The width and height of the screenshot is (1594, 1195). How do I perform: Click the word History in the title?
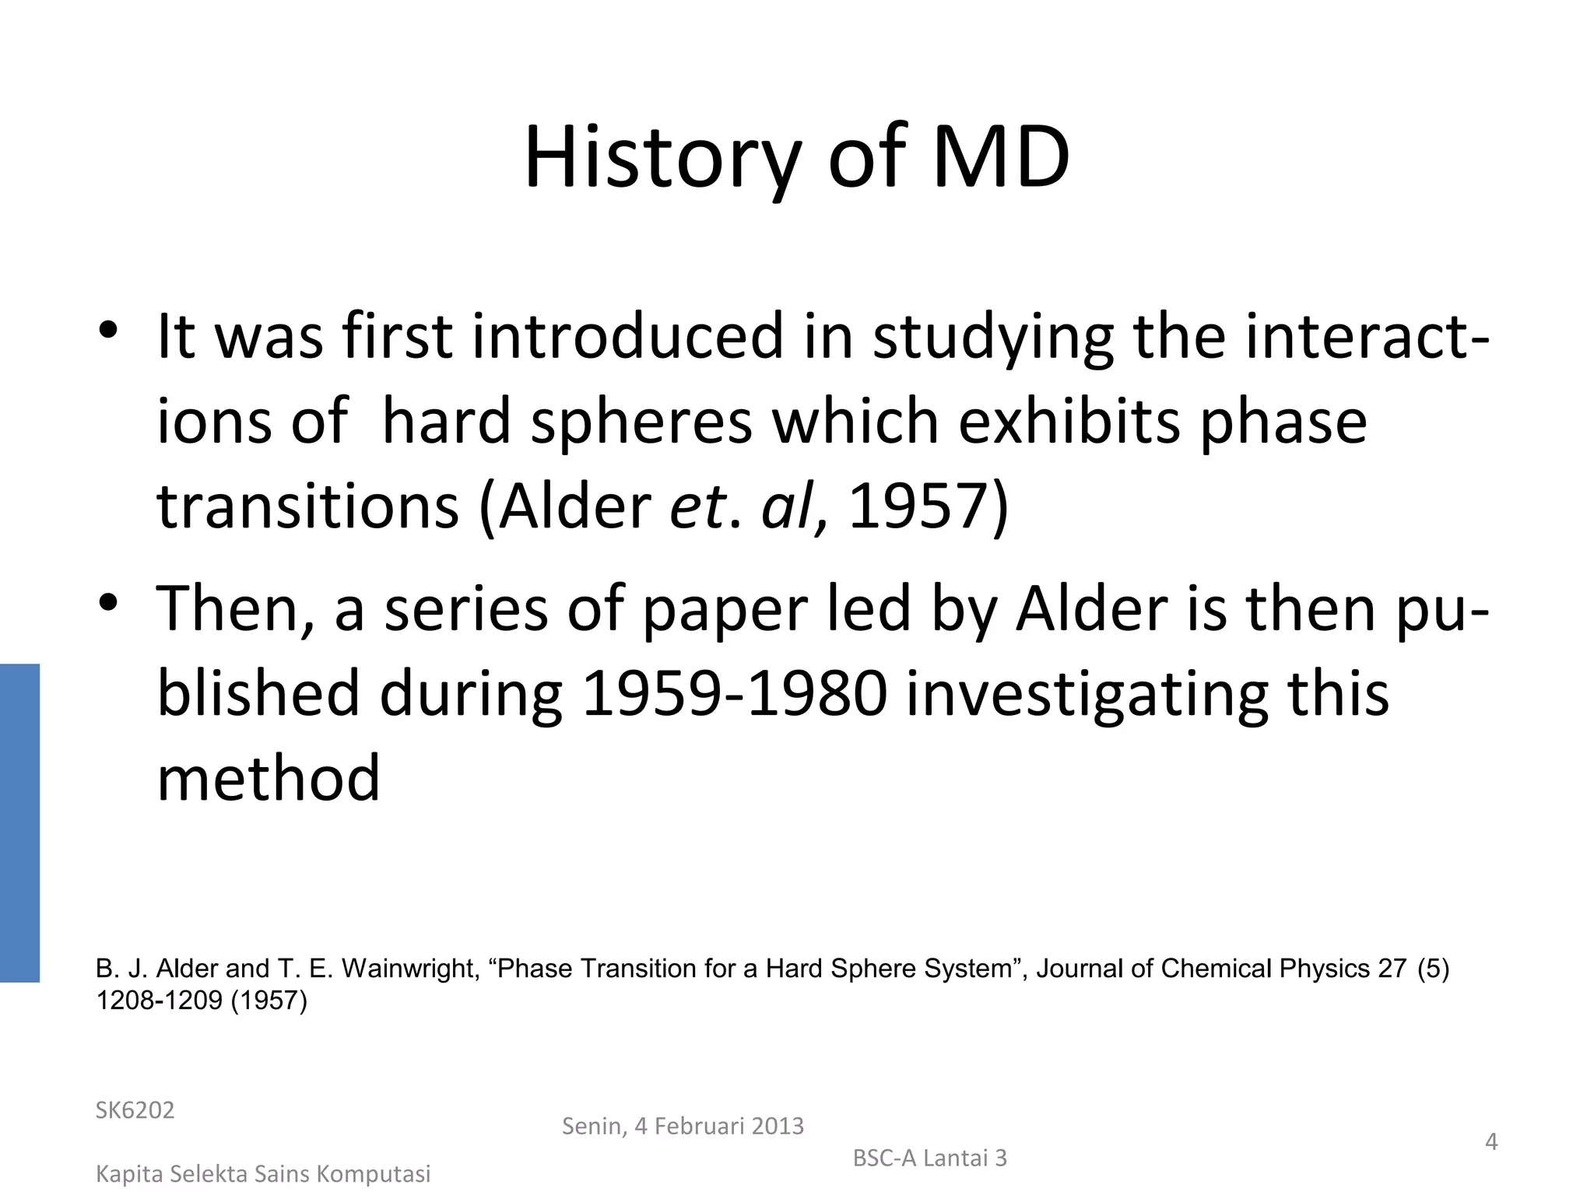[x=662, y=159]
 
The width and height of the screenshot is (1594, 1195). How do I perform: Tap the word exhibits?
[x=1069, y=422]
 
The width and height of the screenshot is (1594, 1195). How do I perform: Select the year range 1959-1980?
[x=735, y=694]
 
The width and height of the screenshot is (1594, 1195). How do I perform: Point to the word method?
[x=269, y=778]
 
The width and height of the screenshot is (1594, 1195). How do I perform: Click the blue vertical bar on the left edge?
[x=19, y=822]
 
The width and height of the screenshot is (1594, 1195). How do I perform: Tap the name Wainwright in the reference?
[x=409, y=969]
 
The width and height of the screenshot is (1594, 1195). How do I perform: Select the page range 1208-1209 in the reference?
[x=159, y=1001]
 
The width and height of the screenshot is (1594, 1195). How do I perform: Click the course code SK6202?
[x=135, y=1110]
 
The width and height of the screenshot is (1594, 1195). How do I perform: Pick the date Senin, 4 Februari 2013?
[x=683, y=1126]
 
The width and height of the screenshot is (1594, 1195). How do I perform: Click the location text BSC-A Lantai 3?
[x=929, y=1158]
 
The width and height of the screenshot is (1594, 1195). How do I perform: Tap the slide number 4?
[x=1491, y=1141]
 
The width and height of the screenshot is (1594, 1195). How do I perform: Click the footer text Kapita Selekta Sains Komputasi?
[x=263, y=1174]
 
